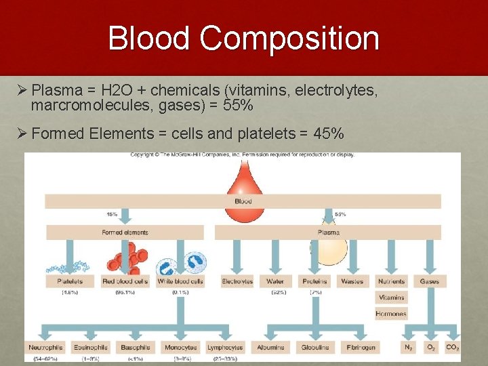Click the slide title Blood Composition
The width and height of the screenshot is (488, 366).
tap(243, 38)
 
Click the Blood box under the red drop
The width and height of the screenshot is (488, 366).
tap(243, 201)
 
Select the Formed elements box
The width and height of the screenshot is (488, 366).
tap(125, 232)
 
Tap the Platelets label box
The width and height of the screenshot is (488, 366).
tap(70, 281)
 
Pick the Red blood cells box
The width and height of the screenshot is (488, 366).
tap(125, 281)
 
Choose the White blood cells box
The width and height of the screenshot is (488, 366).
tap(180, 281)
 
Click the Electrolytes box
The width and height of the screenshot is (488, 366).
tap(237, 281)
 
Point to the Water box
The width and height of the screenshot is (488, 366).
tap(275, 281)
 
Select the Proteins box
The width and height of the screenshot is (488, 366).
tap(314, 281)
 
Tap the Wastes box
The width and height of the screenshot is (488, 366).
tap(352, 281)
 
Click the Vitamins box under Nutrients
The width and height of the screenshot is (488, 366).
tap(392, 298)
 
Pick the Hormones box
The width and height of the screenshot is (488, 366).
tap(392, 314)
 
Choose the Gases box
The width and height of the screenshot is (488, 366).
tap(430, 281)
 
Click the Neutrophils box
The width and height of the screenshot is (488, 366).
tap(46, 347)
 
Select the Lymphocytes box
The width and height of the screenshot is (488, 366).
tap(224, 347)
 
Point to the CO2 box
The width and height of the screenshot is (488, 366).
tap(452, 347)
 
